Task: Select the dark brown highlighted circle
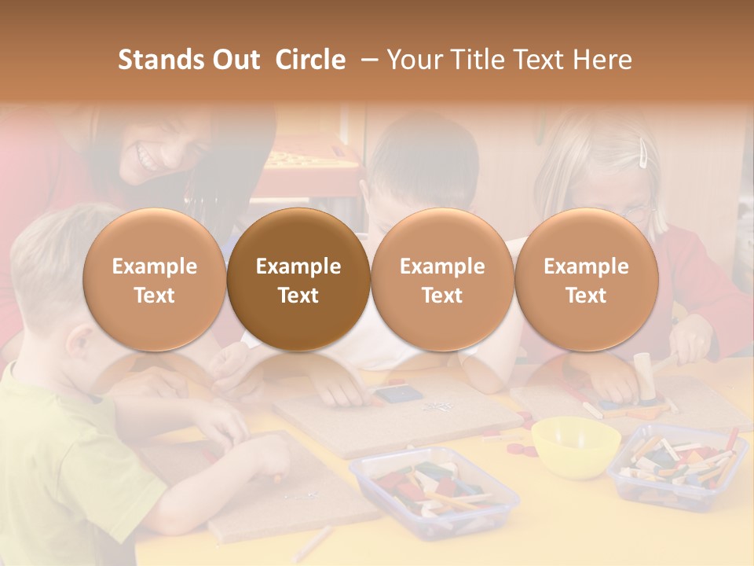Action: pos(298,280)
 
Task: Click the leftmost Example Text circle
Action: pos(154,280)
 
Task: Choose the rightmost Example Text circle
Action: pos(586,280)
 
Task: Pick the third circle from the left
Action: pos(442,280)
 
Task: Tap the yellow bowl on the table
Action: pos(576,445)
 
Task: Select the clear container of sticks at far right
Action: pos(678,465)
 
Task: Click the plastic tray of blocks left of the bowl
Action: pos(434,491)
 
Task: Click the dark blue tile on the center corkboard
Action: pos(390,394)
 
